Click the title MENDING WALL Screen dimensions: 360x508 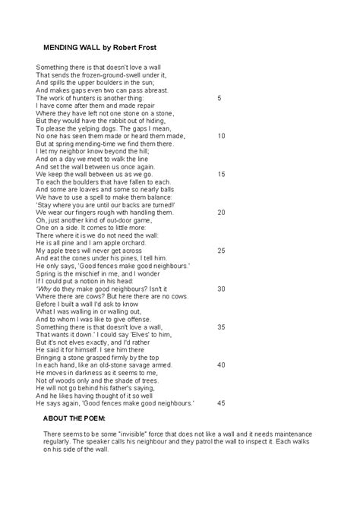(x=72, y=47)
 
